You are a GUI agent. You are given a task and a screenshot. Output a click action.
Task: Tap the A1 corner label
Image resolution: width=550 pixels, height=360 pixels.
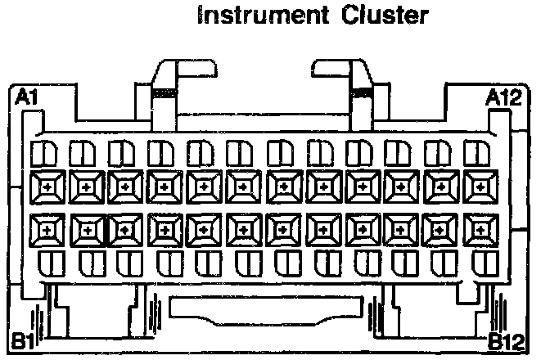click(x=27, y=99)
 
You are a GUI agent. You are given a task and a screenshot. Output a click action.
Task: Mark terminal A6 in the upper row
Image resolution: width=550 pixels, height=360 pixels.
click(x=243, y=187)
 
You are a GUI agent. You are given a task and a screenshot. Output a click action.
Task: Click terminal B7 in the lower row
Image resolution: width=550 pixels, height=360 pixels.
click(x=282, y=230)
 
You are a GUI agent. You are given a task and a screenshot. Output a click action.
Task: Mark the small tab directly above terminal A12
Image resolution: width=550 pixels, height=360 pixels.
click(x=478, y=153)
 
